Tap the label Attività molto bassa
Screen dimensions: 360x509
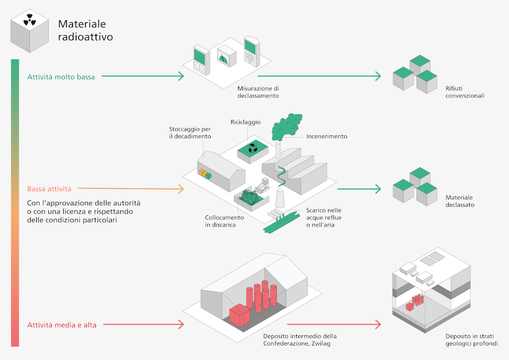click(61, 77)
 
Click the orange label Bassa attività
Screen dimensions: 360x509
click(49, 189)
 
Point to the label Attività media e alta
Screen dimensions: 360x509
click(62, 325)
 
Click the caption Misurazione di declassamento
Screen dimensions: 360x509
click(258, 92)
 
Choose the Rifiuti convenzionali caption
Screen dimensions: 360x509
click(465, 92)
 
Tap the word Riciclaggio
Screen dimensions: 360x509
click(246, 122)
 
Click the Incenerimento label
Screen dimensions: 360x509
click(327, 136)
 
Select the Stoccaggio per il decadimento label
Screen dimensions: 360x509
click(190, 133)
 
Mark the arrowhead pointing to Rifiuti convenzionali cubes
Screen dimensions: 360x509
click(377, 77)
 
